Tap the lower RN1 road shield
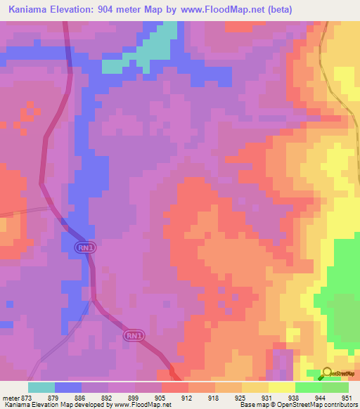[x=134, y=336]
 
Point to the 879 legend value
[x=55, y=397]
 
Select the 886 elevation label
[x=82, y=397]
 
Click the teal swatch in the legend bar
[x=41, y=387]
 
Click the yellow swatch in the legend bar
[x=281, y=387]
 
